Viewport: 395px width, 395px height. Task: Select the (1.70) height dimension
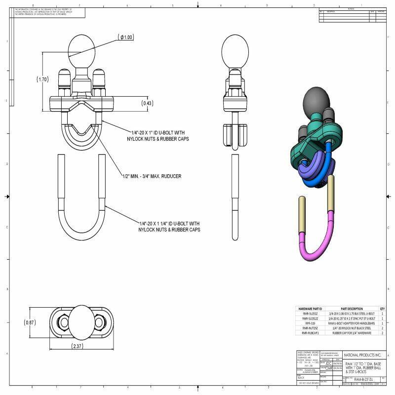(42, 79)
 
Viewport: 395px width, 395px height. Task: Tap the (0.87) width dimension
(30, 322)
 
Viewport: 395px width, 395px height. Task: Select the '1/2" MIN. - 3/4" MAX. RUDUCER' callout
(152, 176)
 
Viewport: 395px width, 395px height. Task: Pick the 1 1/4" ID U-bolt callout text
(169, 226)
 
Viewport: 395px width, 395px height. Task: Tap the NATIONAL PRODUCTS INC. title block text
(362, 355)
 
